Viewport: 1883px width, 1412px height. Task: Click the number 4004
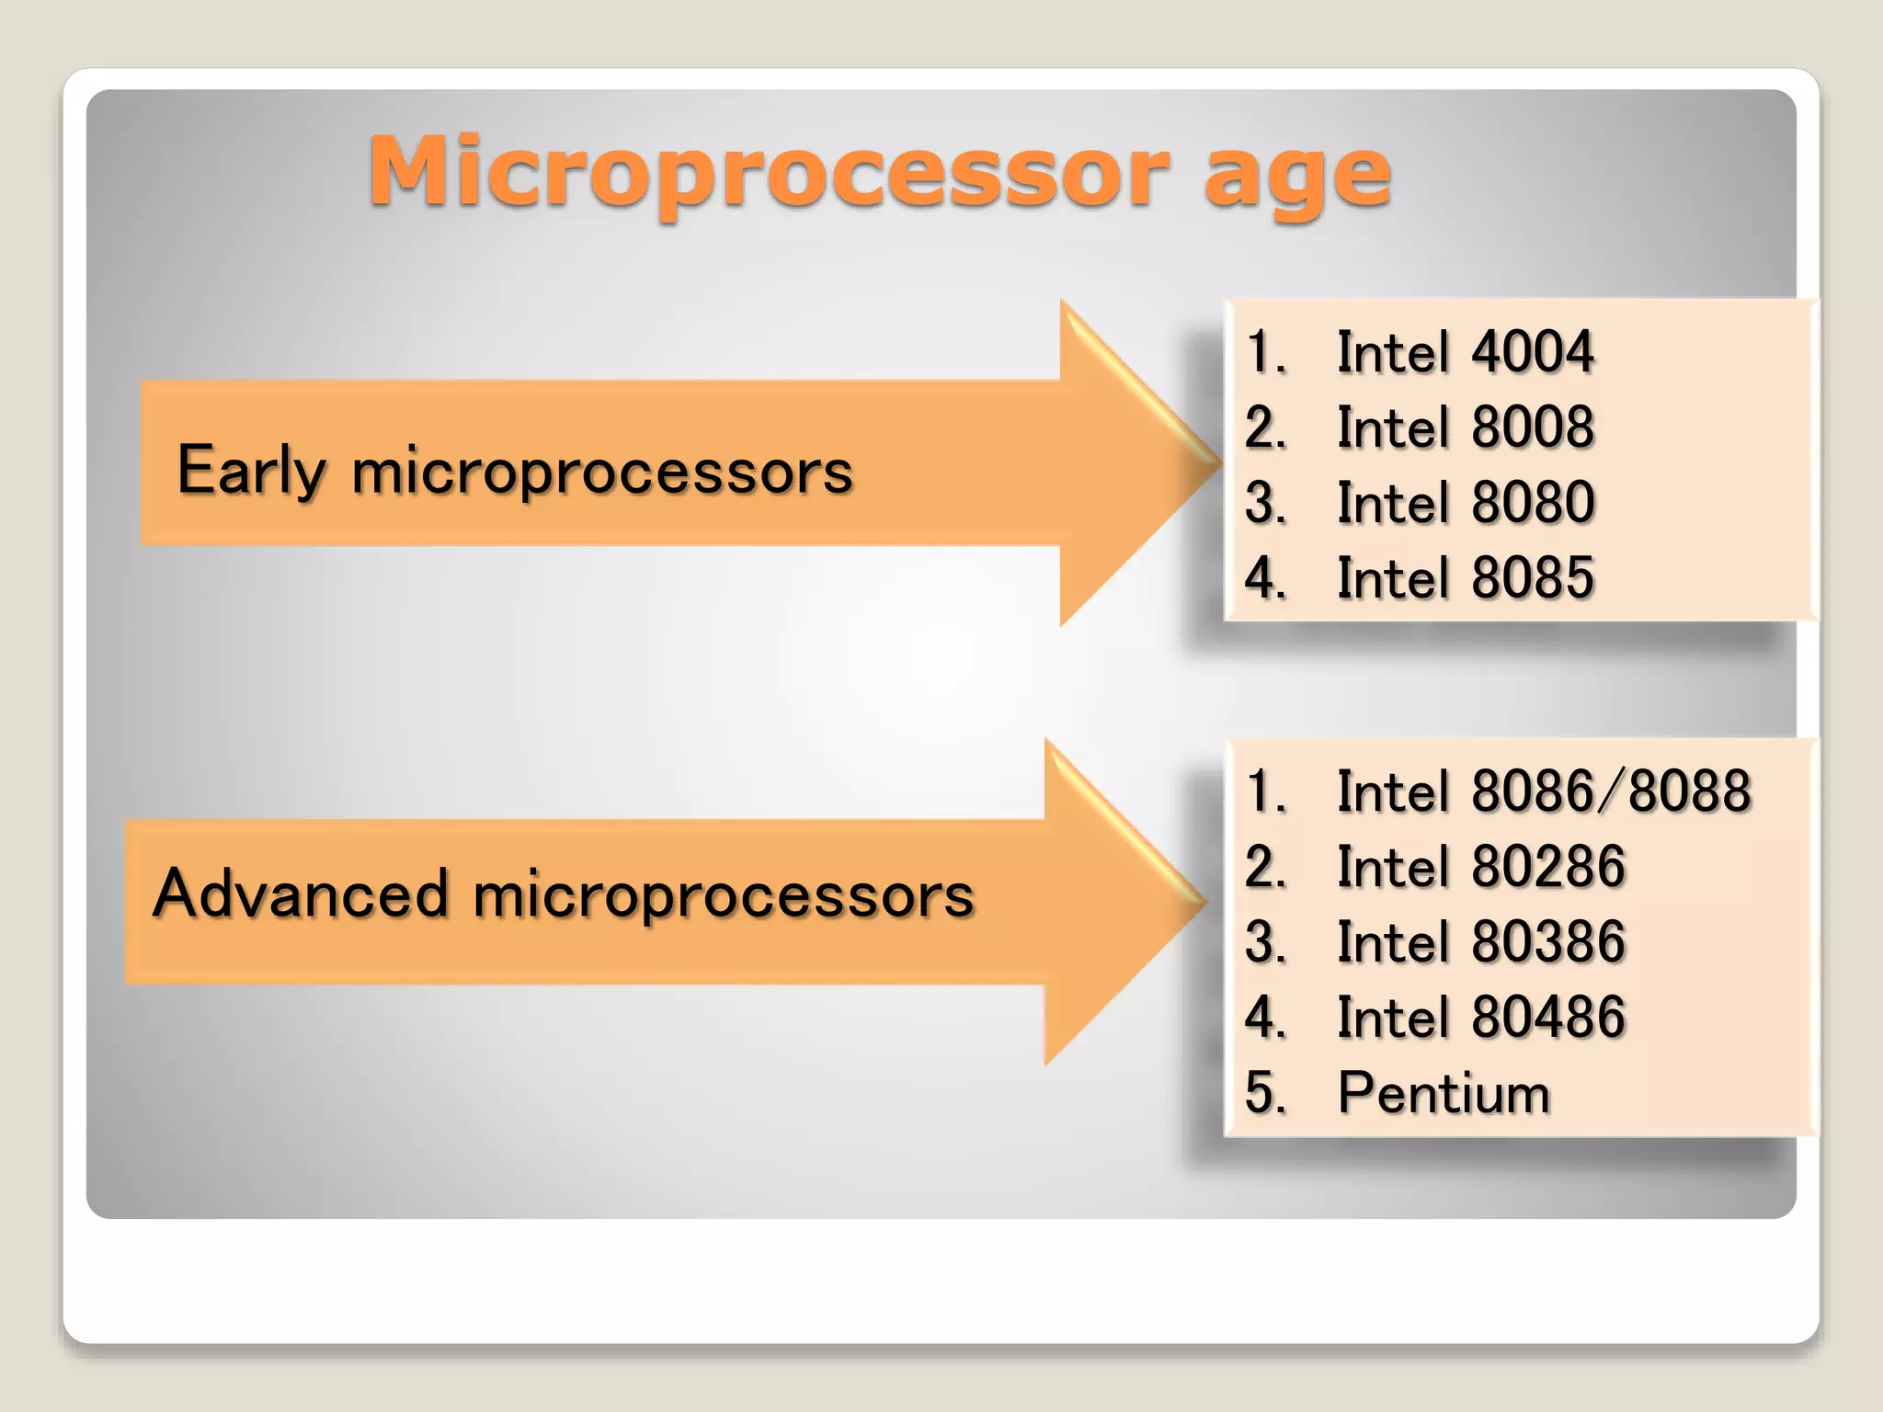[1532, 352]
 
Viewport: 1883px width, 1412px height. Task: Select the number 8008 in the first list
[1532, 427]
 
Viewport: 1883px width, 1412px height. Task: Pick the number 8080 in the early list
[1532, 503]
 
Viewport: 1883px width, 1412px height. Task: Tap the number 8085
[1532, 578]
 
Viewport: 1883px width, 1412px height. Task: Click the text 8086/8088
[1611, 791]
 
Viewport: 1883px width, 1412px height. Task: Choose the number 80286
[1547, 867]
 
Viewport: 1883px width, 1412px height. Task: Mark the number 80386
[1547, 942]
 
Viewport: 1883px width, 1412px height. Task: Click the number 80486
[1547, 1018]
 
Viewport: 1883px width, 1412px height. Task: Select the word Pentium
[1444, 1094]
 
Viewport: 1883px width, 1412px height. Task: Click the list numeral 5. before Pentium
[1265, 1094]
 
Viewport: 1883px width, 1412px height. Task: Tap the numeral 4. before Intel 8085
[1265, 578]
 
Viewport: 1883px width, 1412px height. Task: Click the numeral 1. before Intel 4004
[1265, 352]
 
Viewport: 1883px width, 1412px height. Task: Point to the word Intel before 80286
[1392, 867]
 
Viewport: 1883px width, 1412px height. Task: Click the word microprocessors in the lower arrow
[723, 896]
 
